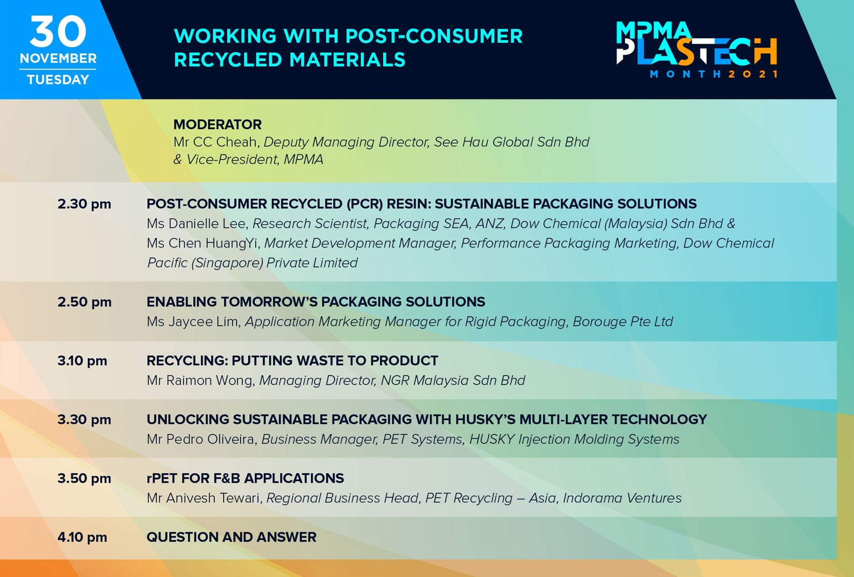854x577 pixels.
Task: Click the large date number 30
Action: [58, 31]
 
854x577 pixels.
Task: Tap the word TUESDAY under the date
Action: [58, 80]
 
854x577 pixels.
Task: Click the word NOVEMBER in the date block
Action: [58, 58]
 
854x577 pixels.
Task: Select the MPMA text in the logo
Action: [653, 30]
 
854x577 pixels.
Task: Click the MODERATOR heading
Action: [218, 125]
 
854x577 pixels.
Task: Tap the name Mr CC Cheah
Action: [215, 142]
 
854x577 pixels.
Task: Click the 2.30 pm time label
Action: [84, 204]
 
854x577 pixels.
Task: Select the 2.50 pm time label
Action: [85, 302]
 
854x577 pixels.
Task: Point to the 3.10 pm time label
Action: [82, 361]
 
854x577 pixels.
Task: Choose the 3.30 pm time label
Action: [84, 420]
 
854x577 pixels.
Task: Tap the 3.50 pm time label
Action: [84, 478]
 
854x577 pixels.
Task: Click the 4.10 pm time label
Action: [82, 537]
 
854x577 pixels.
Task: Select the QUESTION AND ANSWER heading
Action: [231, 537]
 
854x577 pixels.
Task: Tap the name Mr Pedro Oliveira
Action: [201, 439]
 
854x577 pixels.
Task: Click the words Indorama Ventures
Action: [622, 498]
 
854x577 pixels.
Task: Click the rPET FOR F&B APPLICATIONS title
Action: [245, 478]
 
